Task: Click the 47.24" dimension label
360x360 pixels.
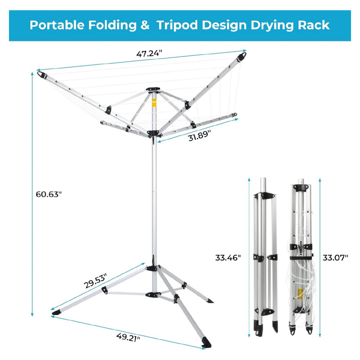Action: pyautogui.click(x=149, y=54)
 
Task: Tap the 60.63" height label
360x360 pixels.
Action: pyautogui.click(x=49, y=194)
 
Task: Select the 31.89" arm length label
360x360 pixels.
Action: pyautogui.click(x=199, y=135)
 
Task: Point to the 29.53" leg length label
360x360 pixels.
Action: pyautogui.click(x=95, y=280)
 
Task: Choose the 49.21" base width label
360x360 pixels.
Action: pyautogui.click(x=128, y=337)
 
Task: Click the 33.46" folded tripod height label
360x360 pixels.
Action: pyautogui.click(x=228, y=257)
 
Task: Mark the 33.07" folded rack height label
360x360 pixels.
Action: pyautogui.click(x=335, y=257)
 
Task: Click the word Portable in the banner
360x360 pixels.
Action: pyautogui.click(x=57, y=25)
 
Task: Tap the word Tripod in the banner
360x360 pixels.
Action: pyautogui.click(x=177, y=26)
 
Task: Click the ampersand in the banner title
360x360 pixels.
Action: pyautogui.click(x=145, y=25)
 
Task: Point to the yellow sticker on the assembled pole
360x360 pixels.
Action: pyautogui.click(x=154, y=103)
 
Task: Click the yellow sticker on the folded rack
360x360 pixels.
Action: pyautogui.click(x=300, y=294)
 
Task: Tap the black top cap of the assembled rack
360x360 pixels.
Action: pyautogui.click(x=153, y=89)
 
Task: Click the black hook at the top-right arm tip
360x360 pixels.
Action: pyautogui.click(x=242, y=57)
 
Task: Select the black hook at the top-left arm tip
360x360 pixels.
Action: pyautogui.click(x=42, y=75)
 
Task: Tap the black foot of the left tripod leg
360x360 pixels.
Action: pyautogui.click(x=56, y=312)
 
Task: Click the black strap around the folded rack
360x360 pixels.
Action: pyautogui.click(x=301, y=258)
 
